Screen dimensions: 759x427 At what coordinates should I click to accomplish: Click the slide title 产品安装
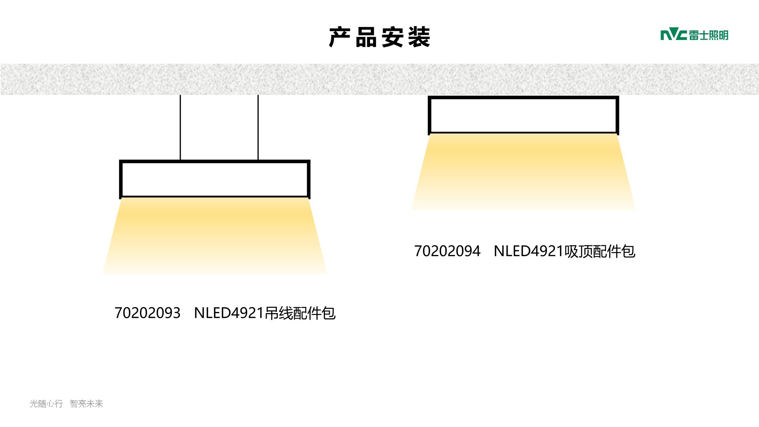[379, 37]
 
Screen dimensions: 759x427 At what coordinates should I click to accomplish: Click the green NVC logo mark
[674, 35]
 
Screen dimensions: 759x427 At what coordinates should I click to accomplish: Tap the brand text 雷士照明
[709, 35]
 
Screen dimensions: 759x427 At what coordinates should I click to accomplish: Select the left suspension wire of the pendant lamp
[180, 127]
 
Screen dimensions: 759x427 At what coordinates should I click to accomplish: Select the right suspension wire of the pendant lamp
[258, 127]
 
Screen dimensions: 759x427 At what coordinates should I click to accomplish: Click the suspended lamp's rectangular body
[215, 179]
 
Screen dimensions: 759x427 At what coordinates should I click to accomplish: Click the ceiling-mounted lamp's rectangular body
[523, 115]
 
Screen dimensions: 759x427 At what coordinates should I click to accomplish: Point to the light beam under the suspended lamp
[215, 236]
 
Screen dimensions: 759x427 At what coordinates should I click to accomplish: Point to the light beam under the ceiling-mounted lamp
[523, 172]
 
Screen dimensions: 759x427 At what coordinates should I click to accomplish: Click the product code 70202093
[147, 313]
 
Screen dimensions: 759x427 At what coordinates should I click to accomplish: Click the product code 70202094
[447, 251]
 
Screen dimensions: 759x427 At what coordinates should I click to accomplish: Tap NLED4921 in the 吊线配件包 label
[229, 313]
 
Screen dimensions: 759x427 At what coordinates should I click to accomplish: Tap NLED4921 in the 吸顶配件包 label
[529, 251]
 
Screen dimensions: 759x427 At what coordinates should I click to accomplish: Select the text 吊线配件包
[300, 313]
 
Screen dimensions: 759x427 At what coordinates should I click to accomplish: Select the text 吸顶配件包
[600, 251]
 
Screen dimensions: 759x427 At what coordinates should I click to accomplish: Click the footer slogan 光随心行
[46, 404]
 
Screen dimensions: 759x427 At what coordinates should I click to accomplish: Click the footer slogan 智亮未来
[87, 404]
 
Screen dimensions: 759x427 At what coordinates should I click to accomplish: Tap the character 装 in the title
[419, 37]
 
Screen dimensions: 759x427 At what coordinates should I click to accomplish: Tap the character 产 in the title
[340, 37]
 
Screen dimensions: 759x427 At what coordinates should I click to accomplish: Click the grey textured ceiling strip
[379, 79]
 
